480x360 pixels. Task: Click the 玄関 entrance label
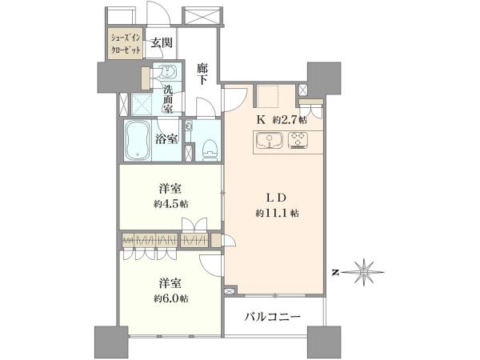point(162,42)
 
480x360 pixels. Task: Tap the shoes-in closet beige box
point(126,43)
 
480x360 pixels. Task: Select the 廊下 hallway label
point(202,74)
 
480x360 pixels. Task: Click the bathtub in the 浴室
point(138,140)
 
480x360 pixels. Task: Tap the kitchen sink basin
point(270,141)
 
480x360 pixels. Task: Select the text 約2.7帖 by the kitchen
point(290,120)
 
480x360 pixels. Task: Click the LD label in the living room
point(277,198)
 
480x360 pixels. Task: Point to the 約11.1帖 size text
point(278,213)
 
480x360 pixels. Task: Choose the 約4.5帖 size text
point(171,204)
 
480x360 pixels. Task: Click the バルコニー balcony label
point(273,317)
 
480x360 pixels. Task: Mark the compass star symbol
point(364,272)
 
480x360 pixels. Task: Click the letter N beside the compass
point(337,272)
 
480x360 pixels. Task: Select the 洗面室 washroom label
point(167,99)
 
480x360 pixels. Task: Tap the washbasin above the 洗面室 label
point(167,72)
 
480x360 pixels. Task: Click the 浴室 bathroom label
point(167,139)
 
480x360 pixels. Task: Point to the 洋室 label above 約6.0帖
point(170,283)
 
